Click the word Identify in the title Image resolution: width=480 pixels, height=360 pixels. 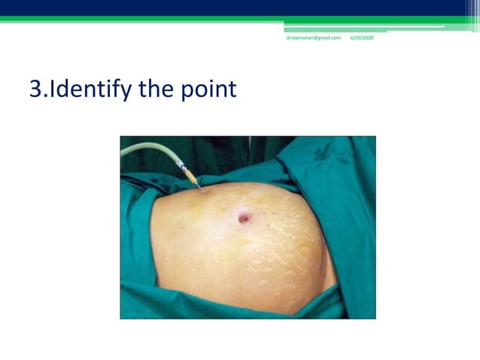coord(83,90)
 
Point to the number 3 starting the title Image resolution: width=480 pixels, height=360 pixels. coord(35,90)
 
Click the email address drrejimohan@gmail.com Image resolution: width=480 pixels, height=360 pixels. coord(313,38)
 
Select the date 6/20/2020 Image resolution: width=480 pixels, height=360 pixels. coord(362,38)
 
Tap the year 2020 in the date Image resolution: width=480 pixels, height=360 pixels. coord(367,38)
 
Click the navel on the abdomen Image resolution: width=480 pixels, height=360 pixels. coord(245,218)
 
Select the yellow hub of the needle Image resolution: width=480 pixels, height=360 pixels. coord(191,178)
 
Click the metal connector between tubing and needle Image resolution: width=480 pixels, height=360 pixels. coord(181,165)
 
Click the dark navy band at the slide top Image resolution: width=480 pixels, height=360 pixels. coord(226,8)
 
